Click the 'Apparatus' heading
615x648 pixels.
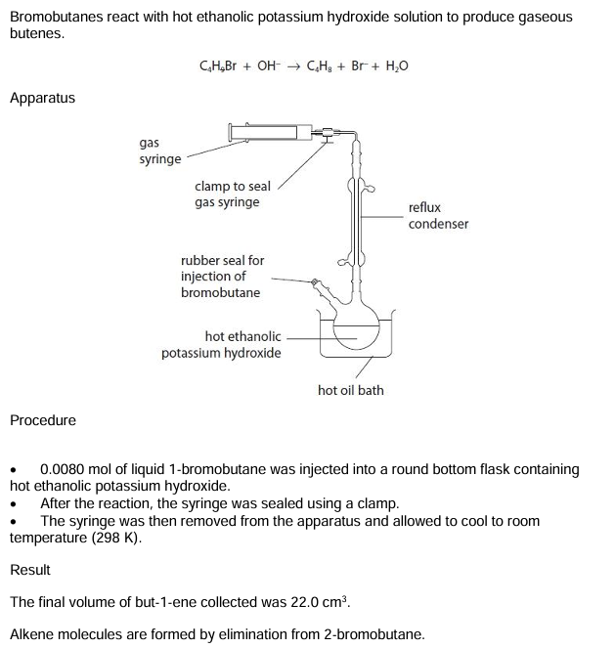click(x=42, y=98)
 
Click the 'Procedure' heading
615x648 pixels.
click(x=42, y=420)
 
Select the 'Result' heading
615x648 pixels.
click(x=30, y=570)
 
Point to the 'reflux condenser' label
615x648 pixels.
click(x=438, y=216)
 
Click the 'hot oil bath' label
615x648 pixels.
click(x=351, y=390)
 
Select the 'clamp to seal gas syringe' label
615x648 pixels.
click(x=233, y=194)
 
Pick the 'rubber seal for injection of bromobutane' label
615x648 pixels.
click(x=222, y=277)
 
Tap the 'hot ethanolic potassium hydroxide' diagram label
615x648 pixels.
click(x=222, y=344)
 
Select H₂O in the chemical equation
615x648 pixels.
click(x=394, y=66)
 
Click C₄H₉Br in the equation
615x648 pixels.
click(x=219, y=66)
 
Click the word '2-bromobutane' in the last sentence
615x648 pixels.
click(x=373, y=634)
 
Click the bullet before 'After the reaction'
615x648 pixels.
click(x=14, y=503)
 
